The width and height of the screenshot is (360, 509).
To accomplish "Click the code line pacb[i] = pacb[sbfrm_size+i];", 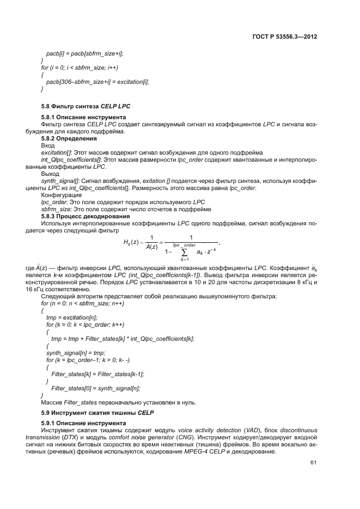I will point(84,53).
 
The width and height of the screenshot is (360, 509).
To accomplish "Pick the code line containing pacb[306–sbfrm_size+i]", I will point(97,81).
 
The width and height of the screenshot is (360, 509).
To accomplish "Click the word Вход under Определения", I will point(48,146).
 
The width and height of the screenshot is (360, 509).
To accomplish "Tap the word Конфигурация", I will point(62,194).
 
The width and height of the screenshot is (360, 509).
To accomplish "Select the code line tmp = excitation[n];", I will point(72,317).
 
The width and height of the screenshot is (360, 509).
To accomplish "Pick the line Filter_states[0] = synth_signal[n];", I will point(95,388).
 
